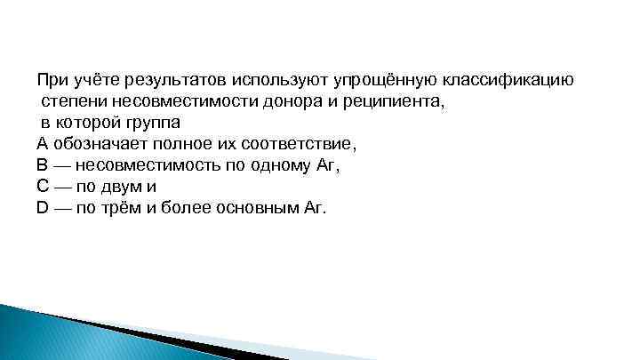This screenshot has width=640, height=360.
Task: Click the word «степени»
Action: pyautogui.click(x=70, y=100)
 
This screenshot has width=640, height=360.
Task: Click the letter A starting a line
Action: pyautogui.click(x=42, y=143)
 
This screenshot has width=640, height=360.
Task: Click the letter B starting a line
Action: pyautogui.click(x=42, y=164)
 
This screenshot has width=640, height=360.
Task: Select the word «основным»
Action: pyautogui.click(x=256, y=208)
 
